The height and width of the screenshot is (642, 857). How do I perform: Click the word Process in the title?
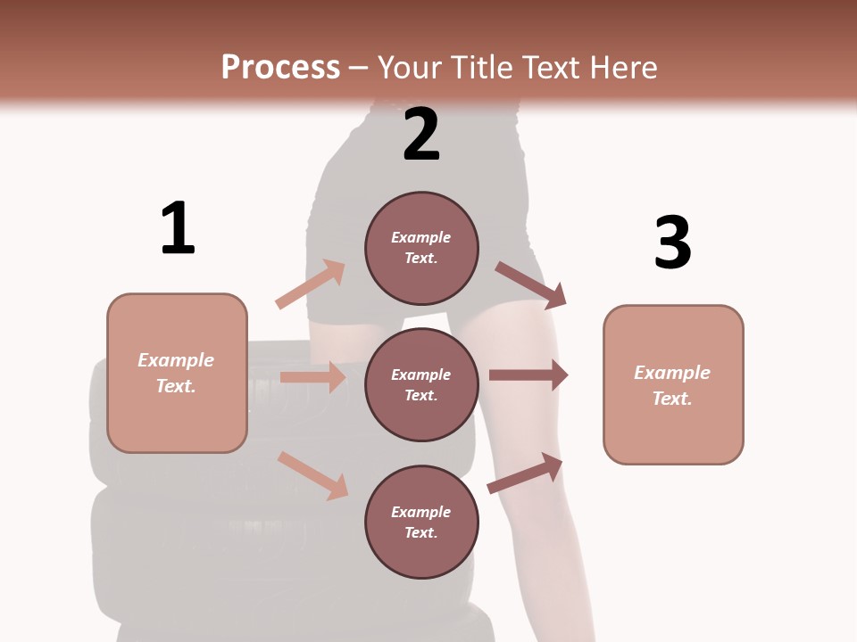(x=280, y=67)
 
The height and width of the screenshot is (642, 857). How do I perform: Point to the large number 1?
(x=178, y=229)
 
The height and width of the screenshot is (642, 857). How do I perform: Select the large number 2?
(x=421, y=136)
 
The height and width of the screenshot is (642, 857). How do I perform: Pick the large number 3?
(x=672, y=243)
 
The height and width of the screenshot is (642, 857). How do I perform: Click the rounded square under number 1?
(x=177, y=373)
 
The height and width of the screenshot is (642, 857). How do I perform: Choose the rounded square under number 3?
(x=673, y=384)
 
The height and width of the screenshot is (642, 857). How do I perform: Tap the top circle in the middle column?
(x=421, y=248)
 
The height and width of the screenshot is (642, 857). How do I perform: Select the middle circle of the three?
(x=421, y=384)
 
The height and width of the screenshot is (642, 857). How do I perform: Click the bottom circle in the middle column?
(x=421, y=522)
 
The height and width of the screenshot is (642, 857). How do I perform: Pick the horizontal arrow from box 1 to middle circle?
(x=312, y=377)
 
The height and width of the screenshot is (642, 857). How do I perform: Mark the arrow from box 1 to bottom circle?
(x=312, y=475)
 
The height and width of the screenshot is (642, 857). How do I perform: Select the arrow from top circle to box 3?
(x=530, y=284)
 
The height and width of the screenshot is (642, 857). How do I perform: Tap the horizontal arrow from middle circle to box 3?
(x=528, y=375)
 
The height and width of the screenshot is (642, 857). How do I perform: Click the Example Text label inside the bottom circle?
(x=421, y=522)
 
